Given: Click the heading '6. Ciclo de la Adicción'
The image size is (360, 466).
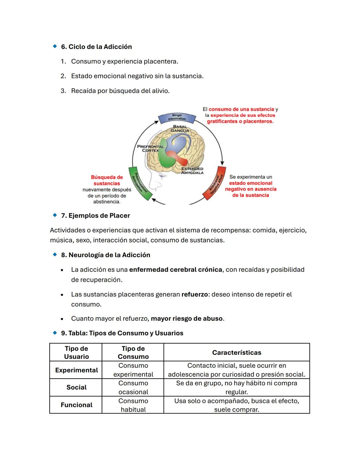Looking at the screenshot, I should point(96,47).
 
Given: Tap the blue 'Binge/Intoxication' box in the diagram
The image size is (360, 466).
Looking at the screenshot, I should point(177,117).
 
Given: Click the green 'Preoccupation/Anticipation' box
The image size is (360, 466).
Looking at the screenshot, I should point(140,183).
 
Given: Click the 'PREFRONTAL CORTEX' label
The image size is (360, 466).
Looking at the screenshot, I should point(150,148).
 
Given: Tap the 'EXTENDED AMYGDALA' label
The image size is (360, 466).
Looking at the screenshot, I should point(192,170).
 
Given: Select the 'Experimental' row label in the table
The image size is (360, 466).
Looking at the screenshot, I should point(76,370).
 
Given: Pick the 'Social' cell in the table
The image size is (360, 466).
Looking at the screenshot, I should point(76,387).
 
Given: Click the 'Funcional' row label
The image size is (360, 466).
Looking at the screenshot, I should point(76,405).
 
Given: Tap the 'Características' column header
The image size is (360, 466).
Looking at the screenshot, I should point(236,353).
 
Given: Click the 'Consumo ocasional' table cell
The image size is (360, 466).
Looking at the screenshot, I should point(133,388).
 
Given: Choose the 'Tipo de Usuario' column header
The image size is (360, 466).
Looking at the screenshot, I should point(76,353).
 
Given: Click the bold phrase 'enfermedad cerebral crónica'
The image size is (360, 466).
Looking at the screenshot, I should point(175,270).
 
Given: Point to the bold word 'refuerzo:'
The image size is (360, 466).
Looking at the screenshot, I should point(195,295).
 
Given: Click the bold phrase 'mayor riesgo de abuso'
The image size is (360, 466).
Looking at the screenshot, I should point(186,319).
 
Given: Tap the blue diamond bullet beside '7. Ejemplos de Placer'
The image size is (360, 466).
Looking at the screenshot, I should point(55,215).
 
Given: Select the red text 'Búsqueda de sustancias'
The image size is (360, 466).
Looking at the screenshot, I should point(107,180).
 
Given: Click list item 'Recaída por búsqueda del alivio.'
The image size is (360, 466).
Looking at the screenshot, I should point(120,91).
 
